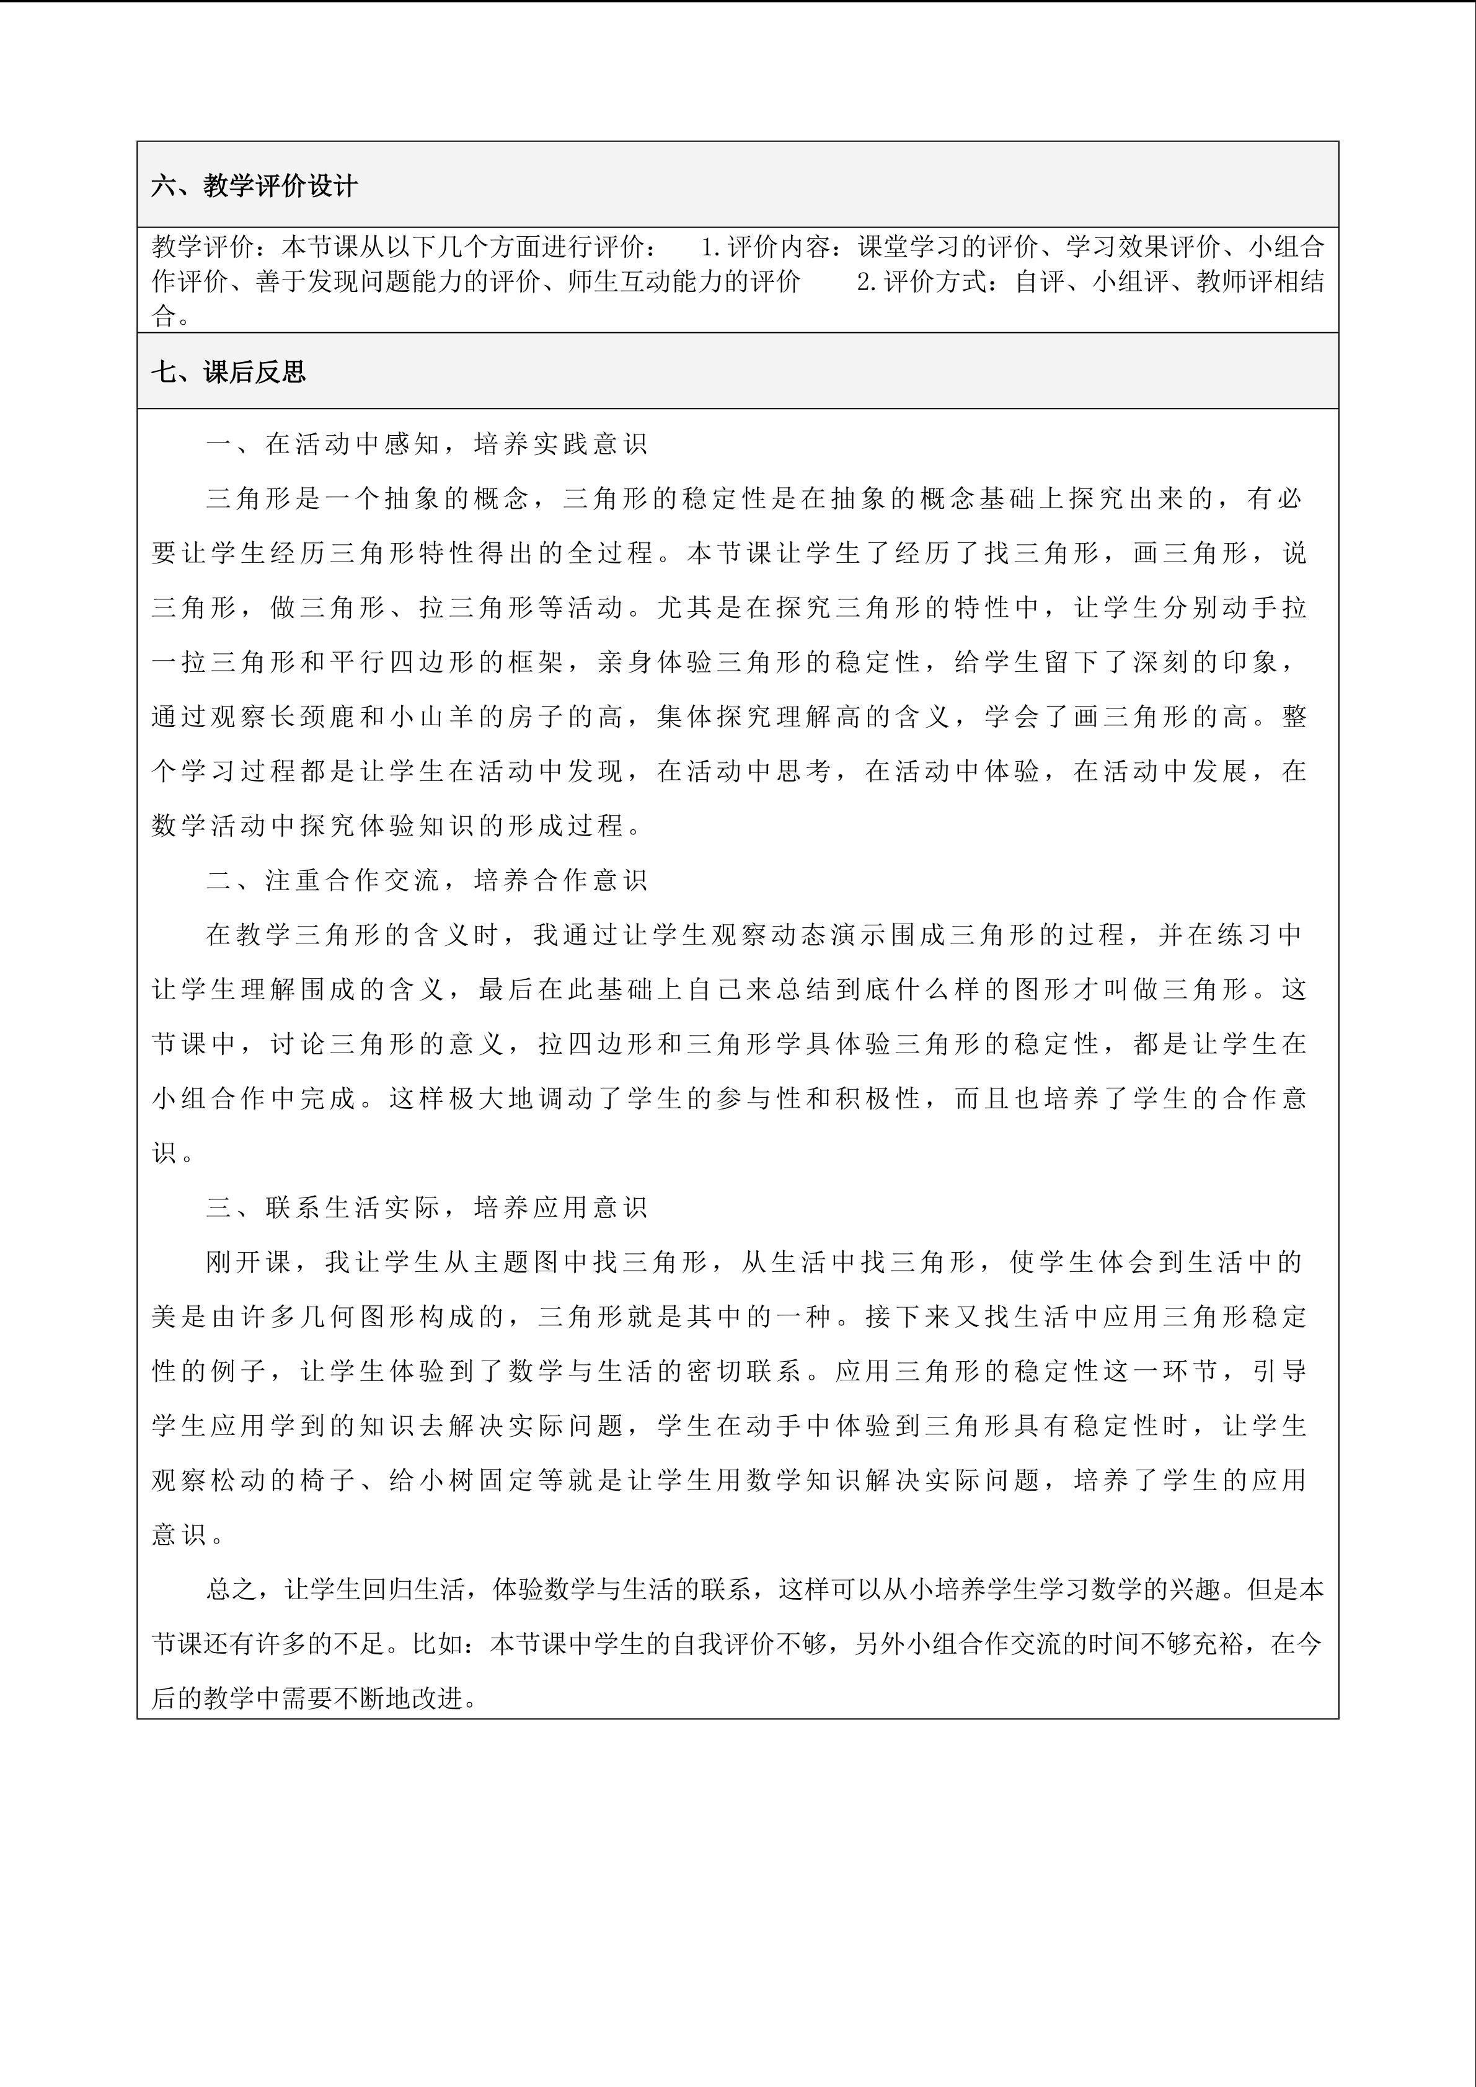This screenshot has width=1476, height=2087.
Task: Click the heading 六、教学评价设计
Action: [255, 187]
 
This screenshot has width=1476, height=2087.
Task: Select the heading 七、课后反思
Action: [229, 372]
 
